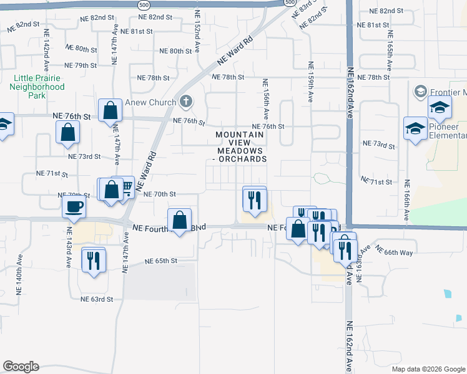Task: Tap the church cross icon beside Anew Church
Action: click(185, 102)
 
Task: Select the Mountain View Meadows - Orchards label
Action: click(241, 146)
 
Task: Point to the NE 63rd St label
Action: click(97, 299)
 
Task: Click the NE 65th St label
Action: click(161, 261)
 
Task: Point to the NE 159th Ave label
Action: click(310, 81)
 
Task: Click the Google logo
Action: click(21, 367)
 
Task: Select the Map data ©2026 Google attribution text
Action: click(428, 369)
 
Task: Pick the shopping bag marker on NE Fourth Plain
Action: click(180, 221)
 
